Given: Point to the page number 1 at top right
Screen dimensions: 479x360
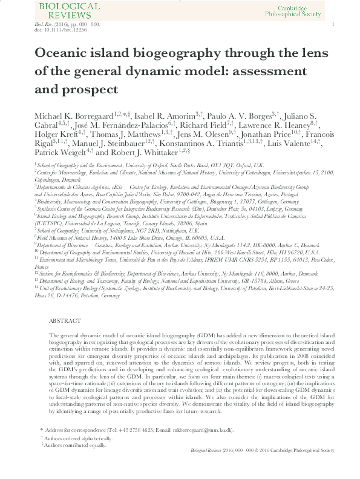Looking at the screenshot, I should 333,24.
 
